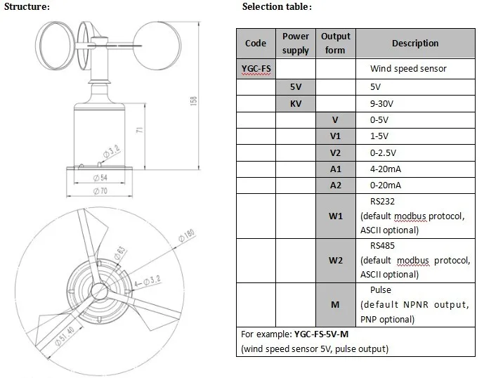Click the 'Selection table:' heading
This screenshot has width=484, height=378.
(x=276, y=6)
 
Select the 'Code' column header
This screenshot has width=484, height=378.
(x=255, y=43)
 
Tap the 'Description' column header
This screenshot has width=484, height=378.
(x=415, y=43)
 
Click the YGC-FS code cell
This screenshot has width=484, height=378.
(x=255, y=70)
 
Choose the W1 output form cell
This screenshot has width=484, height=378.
(x=335, y=216)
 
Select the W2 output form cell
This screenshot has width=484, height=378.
(x=335, y=260)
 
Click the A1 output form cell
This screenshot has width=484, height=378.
(x=335, y=169)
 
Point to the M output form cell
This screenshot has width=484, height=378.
(x=335, y=304)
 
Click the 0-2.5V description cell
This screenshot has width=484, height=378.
(x=383, y=152)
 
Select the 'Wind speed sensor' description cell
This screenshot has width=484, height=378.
(x=408, y=70)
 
